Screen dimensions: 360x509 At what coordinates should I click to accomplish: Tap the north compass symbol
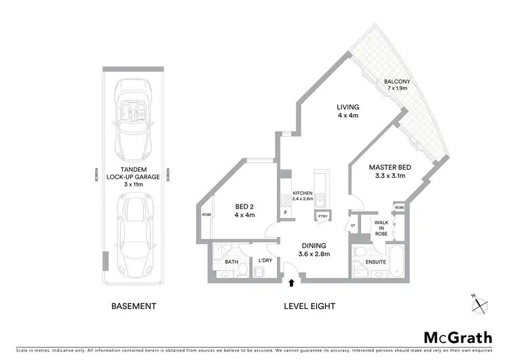(x=480, y=304)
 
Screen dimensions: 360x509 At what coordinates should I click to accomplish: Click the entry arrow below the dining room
(x=292, y=282)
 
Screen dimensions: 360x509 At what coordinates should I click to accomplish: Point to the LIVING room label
(x=347, y=111)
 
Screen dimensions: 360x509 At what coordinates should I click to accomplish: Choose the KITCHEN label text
(x=302, y=196)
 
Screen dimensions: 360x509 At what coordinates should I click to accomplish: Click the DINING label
(x=314, y=249)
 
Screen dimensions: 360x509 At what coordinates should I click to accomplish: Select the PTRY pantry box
(x=322, y=217)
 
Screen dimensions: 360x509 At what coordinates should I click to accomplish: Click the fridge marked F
(x=285, y=213)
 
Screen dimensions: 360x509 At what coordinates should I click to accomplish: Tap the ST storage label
(x=353, y=225)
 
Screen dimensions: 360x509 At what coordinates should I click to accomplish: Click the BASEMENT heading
(x=133, y=306)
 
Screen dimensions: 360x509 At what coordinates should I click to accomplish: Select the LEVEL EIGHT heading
(x=309, y=306)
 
